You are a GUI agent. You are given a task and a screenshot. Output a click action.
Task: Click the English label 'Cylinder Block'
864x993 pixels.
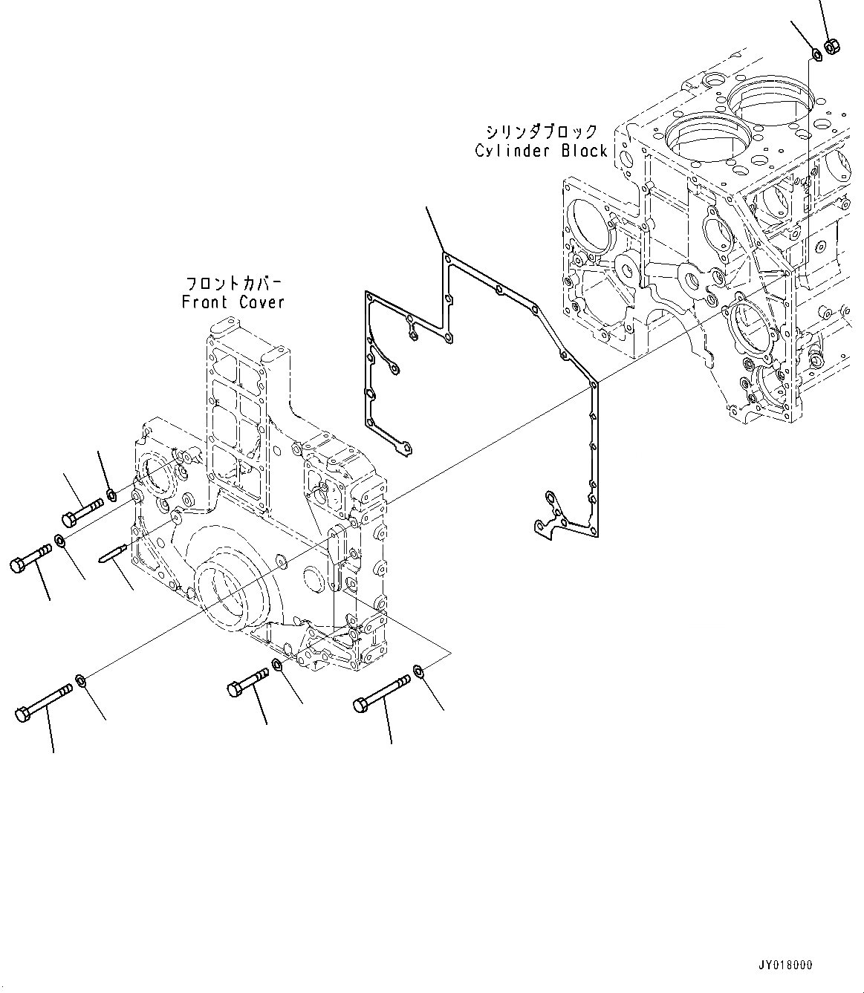(542, 151)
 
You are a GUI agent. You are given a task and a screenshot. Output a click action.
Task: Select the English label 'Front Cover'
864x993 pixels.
(233, 302)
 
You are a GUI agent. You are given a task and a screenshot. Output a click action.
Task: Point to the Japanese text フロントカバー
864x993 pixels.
(233, 284)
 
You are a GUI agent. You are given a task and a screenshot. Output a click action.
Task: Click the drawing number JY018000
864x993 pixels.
(785, 965)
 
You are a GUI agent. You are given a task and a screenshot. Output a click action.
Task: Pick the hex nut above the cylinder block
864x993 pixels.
(832, 47)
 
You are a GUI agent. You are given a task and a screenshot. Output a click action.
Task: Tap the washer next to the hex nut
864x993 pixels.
(815, 53)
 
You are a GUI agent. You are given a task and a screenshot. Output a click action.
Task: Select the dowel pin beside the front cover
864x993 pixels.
(114, 553)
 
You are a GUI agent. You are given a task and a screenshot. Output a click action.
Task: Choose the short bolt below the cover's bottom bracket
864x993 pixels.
(247, 682)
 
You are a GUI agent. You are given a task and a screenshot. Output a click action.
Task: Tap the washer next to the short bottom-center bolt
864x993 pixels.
(277, 663)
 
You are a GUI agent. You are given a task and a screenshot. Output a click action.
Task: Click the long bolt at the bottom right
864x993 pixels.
(382, 692)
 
